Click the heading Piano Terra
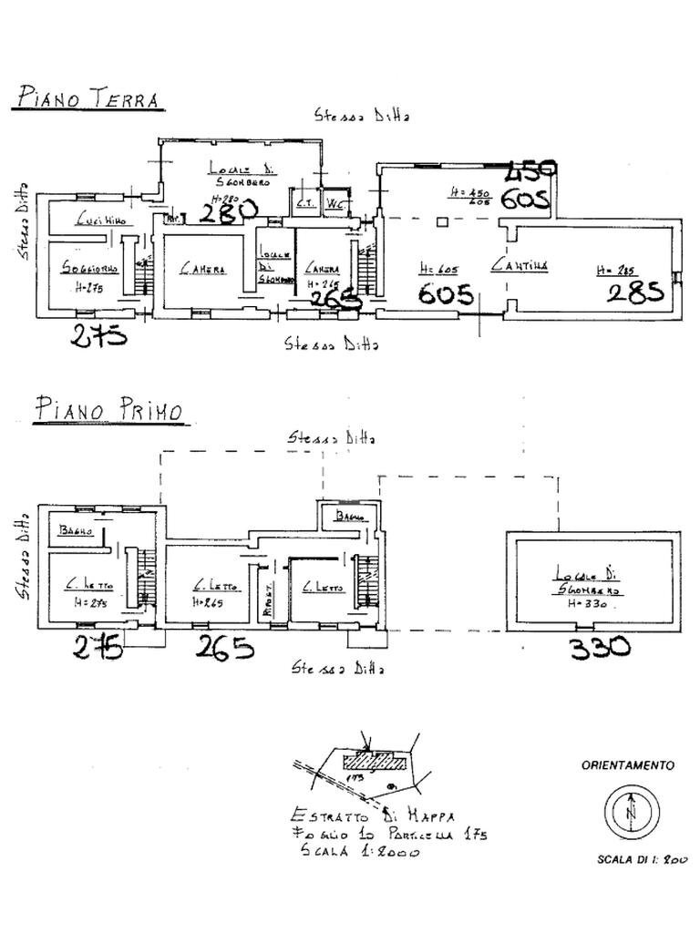tap(88, 97)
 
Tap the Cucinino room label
tap(101, 220)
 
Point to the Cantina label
tap(520, 265)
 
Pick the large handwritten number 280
tap(229, 212)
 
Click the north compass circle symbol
tap(630, 809)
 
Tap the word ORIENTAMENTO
tap(628, 766)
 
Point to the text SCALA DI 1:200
tap(642, 859)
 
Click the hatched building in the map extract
tap(376, 761)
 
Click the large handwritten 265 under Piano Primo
tap(225, 648)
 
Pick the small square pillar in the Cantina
tap(441, 221)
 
